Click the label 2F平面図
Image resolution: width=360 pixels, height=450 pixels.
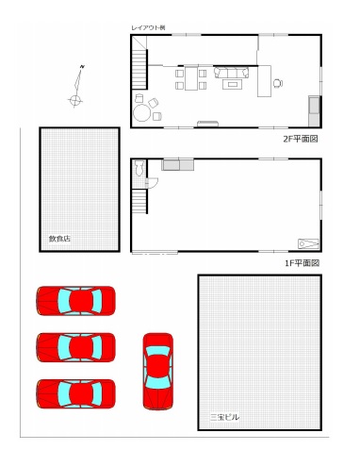click(301, 139)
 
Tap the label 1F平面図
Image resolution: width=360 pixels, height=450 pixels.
click(302, 263)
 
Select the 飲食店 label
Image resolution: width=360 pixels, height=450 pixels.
click(59, 239)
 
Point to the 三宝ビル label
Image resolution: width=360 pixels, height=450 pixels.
click(224, 417)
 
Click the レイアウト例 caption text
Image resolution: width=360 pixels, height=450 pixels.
click(148, 27)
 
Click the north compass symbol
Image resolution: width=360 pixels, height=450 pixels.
click(77, 86)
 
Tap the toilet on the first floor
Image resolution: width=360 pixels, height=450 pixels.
click(139, 168)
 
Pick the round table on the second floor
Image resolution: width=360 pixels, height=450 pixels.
click(141, 113)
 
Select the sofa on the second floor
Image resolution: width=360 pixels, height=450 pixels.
click(232, 73)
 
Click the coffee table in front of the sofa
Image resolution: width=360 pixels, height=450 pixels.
click(232, 84)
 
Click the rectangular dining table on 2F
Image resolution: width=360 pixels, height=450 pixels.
click(191, 78)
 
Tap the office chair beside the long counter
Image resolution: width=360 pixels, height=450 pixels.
click(278, 83)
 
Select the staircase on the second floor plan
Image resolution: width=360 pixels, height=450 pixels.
click(139, 69)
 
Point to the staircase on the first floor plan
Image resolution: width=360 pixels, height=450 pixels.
click(139, 201)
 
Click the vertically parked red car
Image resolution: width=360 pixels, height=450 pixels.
click(158, 372)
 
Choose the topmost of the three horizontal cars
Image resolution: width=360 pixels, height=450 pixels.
click(75, 301)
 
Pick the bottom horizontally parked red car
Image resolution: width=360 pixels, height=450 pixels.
click(75, 393)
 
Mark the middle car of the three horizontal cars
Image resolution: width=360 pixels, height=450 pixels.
click(75, 347)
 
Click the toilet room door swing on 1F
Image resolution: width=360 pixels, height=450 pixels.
click(152, 183)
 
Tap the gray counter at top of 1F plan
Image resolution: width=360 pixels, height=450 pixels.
click(178, 165)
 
